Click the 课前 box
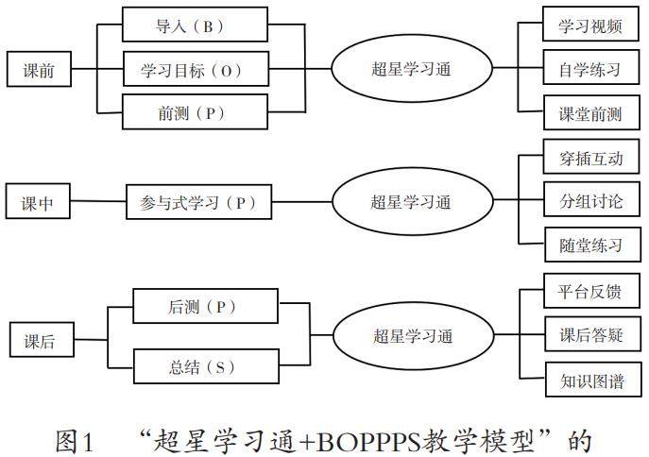pos(38,70)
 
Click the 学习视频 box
pos(583,25)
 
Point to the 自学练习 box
pos(583,70)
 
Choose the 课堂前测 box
pos(583,114)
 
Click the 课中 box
pos(38,202)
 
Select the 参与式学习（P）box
pos(192,202)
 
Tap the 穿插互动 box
pos(584,158)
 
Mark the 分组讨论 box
pos(584,202)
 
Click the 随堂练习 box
pos(584,246)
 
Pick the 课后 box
pos(38,342)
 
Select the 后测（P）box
pos(206,308)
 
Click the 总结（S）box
pos(206,364)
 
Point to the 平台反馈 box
pos(584,291)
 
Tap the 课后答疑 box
pos(584,335)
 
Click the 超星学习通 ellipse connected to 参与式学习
pos(411,202)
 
